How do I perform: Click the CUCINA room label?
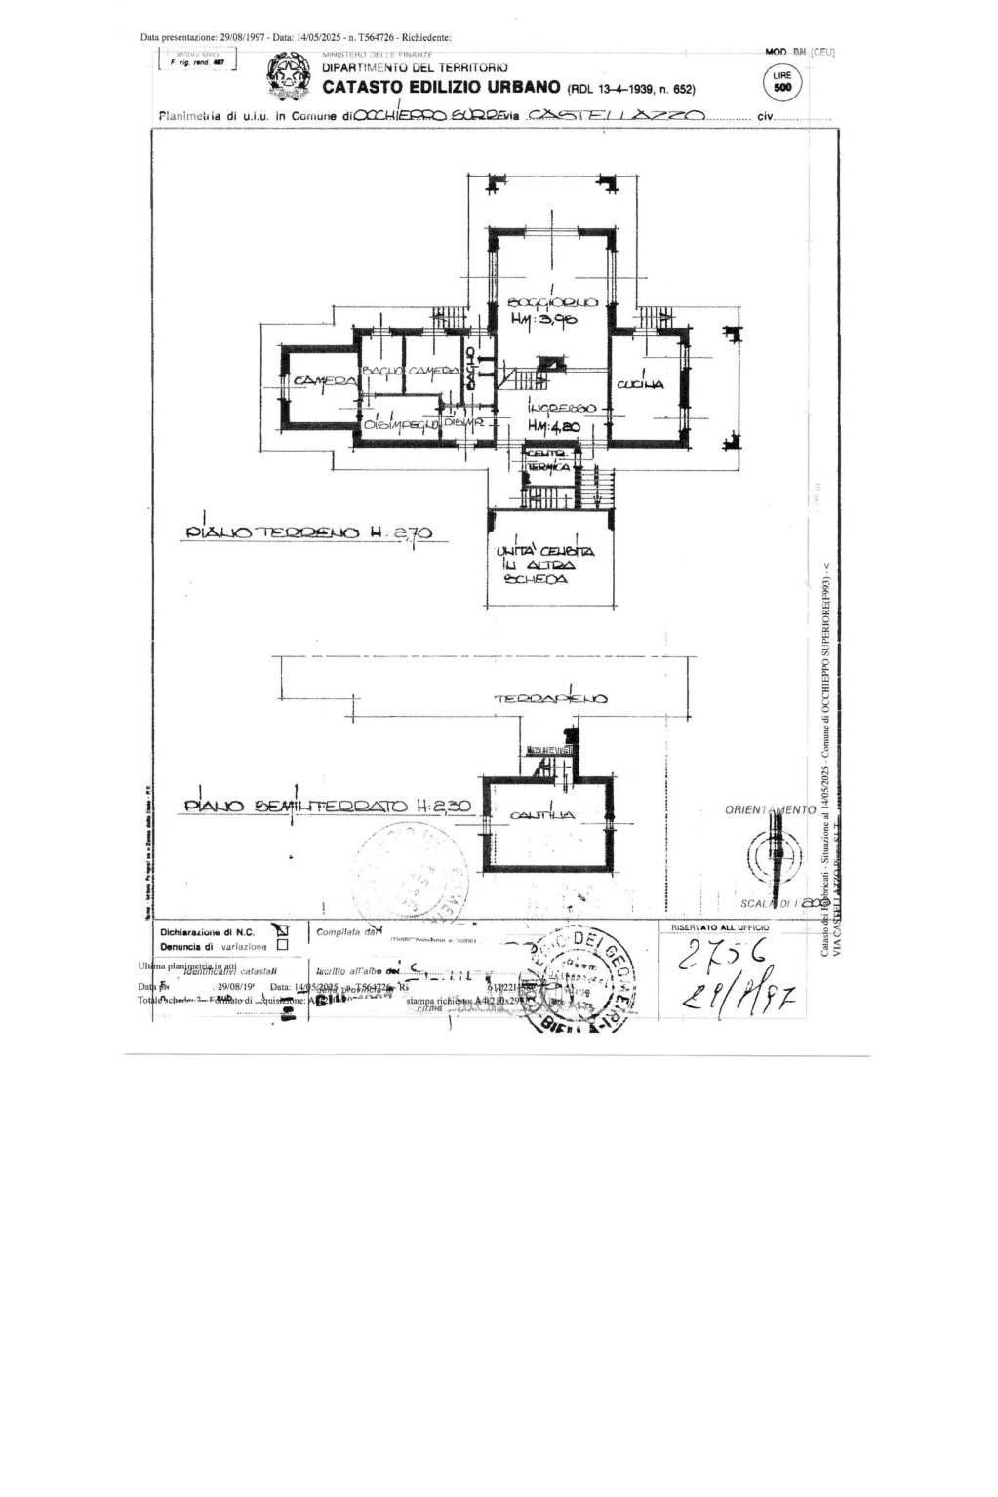point(640,385)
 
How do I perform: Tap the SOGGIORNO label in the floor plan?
point(550,304)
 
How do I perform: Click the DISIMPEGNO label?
point(400,425)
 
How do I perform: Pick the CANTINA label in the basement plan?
point(541,815)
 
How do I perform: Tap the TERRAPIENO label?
point(550,698)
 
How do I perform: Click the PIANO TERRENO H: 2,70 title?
point(308,533)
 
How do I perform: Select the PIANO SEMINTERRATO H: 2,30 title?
point(328,807)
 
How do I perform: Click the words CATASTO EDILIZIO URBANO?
point(441,88)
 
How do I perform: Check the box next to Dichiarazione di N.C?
point(283,930)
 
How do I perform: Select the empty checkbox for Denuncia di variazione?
point(283,945)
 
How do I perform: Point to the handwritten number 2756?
point(723,955)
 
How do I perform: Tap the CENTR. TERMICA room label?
point(548,461)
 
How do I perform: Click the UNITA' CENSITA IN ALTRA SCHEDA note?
point(545,565)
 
